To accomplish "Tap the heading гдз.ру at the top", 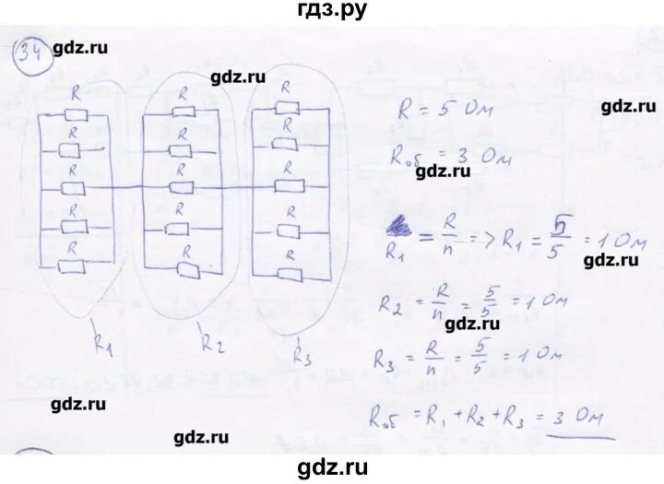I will (x=332, y=11).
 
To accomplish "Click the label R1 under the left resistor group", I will (x=101, y=348).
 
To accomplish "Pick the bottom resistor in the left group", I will (x=72, y=266).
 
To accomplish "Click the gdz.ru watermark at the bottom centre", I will (x=332, y=467).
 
